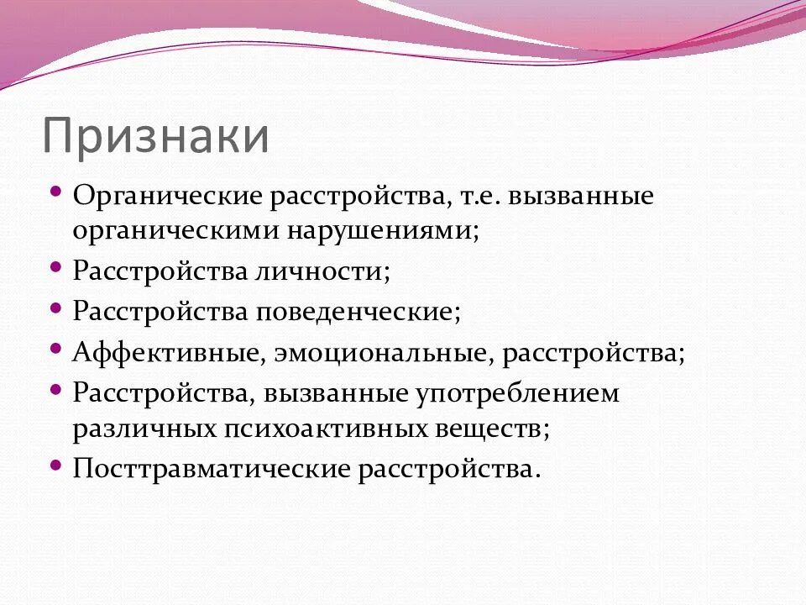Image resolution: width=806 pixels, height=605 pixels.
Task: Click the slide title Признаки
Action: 156,137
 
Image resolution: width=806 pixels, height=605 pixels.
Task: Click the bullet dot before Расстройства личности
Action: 55,266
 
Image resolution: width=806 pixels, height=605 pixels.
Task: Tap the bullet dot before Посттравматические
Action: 55,463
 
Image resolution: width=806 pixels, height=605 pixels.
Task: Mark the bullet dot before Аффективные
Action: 55,347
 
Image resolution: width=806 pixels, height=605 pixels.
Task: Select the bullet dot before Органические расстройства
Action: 55,192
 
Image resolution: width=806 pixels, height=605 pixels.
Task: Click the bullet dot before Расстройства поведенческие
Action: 55,307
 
